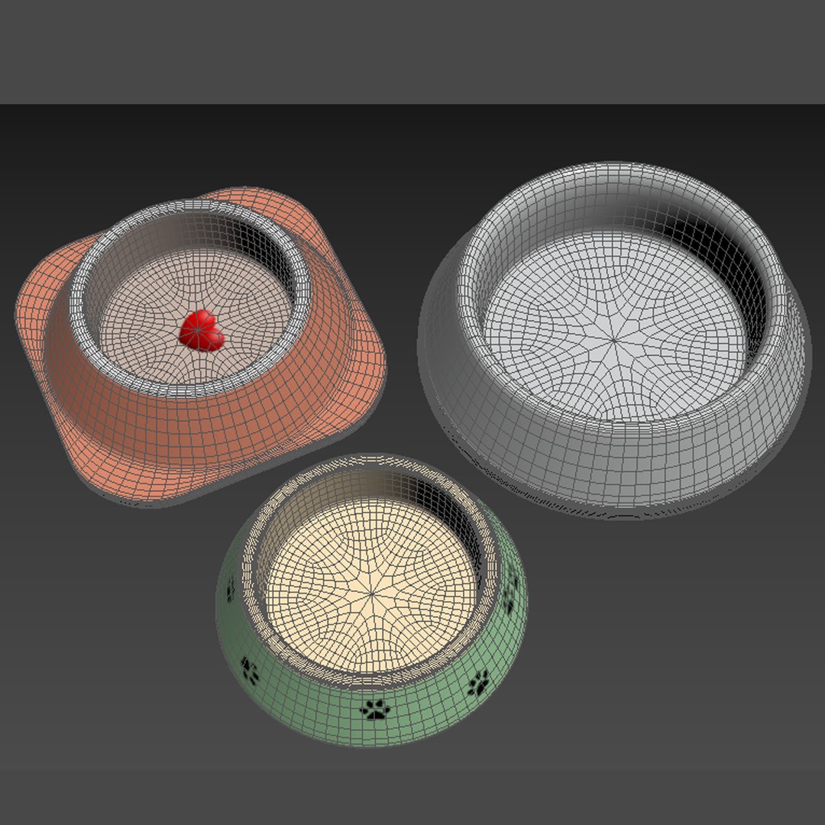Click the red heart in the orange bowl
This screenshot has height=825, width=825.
(202, 331)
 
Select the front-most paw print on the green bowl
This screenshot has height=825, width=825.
(375, 710)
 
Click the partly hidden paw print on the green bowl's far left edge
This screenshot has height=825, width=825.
(230, 589)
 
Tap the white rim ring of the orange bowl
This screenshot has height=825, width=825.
(84, 321)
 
